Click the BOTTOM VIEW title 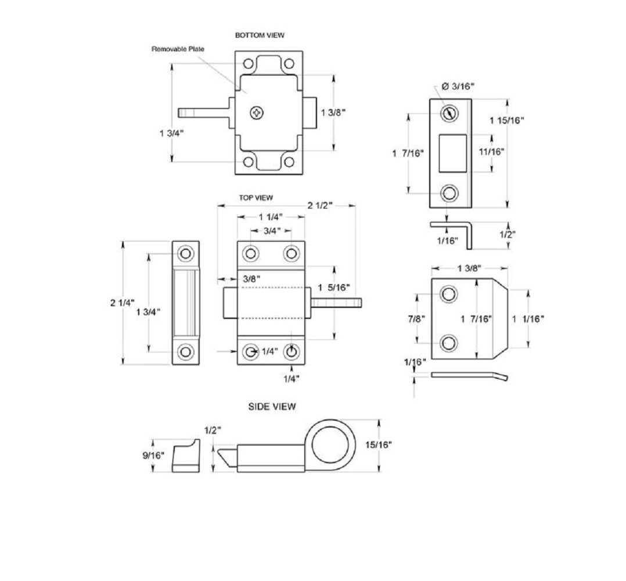(260, 35)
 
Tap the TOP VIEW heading (256, 198)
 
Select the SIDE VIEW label (272, 407)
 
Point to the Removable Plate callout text (178, 49)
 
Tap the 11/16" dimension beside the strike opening (491, 152)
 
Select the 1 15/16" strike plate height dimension (506, 120)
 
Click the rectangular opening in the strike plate (452, 153)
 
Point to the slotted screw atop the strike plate (448, 113)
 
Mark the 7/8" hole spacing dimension (416, 319)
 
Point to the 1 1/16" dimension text (529, 318)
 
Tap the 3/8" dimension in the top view (252, 279)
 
